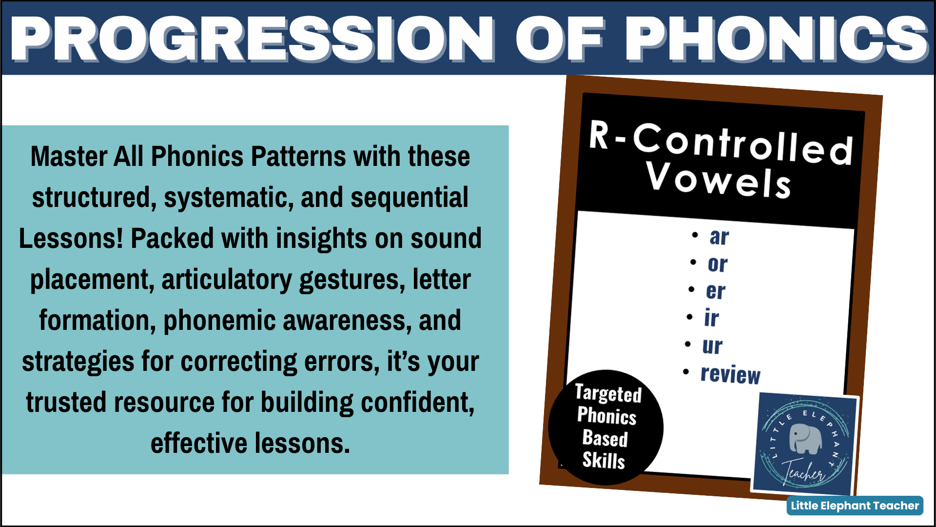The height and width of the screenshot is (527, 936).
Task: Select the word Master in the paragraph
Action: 69,157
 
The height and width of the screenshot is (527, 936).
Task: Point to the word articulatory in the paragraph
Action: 227,280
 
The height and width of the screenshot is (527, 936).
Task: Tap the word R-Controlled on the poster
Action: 721,142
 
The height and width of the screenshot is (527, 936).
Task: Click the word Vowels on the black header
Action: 718,181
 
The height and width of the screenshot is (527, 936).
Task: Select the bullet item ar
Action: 719,237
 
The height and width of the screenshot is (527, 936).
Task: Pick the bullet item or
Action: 717,264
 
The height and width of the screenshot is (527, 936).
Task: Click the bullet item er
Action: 715,291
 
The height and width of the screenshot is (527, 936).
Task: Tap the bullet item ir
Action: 711,319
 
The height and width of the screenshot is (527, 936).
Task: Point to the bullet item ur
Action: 712,346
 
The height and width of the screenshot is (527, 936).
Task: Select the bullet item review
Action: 730,374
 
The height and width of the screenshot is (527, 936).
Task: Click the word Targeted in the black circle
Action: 608,393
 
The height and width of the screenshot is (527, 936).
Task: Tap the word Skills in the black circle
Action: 604,460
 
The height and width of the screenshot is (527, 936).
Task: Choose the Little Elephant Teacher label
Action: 855,506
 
